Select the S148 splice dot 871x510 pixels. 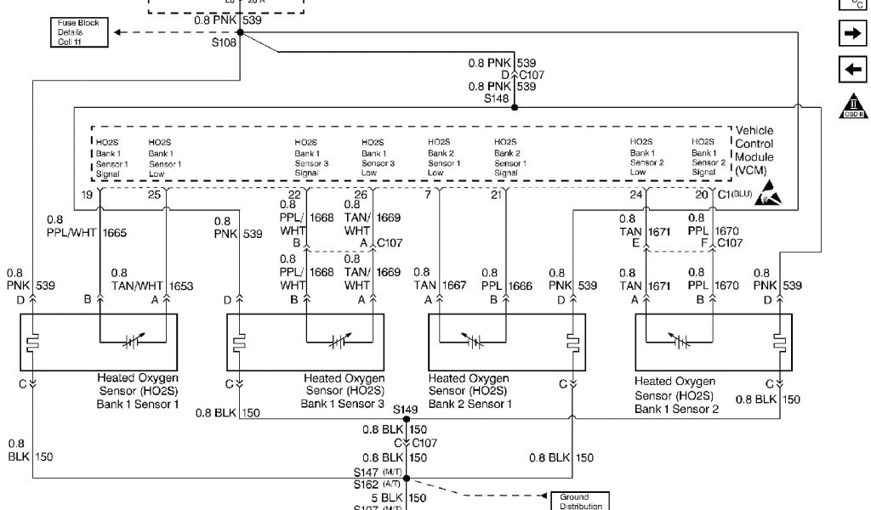point(515,108)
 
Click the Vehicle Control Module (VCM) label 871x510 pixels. point(754,150)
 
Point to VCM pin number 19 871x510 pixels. point(87,195)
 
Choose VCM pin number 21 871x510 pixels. point(496,195)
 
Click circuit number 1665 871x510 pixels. point(116,231)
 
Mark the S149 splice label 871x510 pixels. point(404,410)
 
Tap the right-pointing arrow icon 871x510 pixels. point(851,34)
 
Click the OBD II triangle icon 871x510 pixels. point(851,105)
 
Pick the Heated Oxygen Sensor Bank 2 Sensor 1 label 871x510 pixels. point(470,391)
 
